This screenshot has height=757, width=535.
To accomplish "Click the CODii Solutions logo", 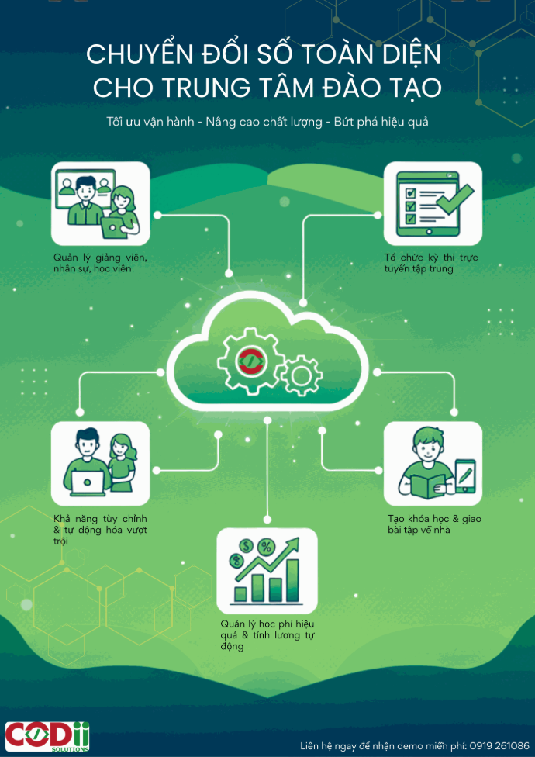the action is coord(47,737).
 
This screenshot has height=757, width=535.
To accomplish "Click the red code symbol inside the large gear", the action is coord(250,360).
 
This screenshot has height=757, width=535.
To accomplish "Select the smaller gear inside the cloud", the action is coord(301,375).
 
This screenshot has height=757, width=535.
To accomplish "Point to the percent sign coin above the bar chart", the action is coord(266,548).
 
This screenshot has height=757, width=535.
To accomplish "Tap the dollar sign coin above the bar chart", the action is coord(247,547).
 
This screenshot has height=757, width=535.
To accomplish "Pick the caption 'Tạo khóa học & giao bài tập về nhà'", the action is coord(434,525).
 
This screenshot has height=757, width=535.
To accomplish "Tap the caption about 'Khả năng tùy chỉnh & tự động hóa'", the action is coord(100,530).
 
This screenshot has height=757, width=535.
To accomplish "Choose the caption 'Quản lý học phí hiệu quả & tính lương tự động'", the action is coord(267,634).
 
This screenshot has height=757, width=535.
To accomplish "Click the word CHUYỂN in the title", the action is coord(140,56).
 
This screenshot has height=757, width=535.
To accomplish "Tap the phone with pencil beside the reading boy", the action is coord(465,475).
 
